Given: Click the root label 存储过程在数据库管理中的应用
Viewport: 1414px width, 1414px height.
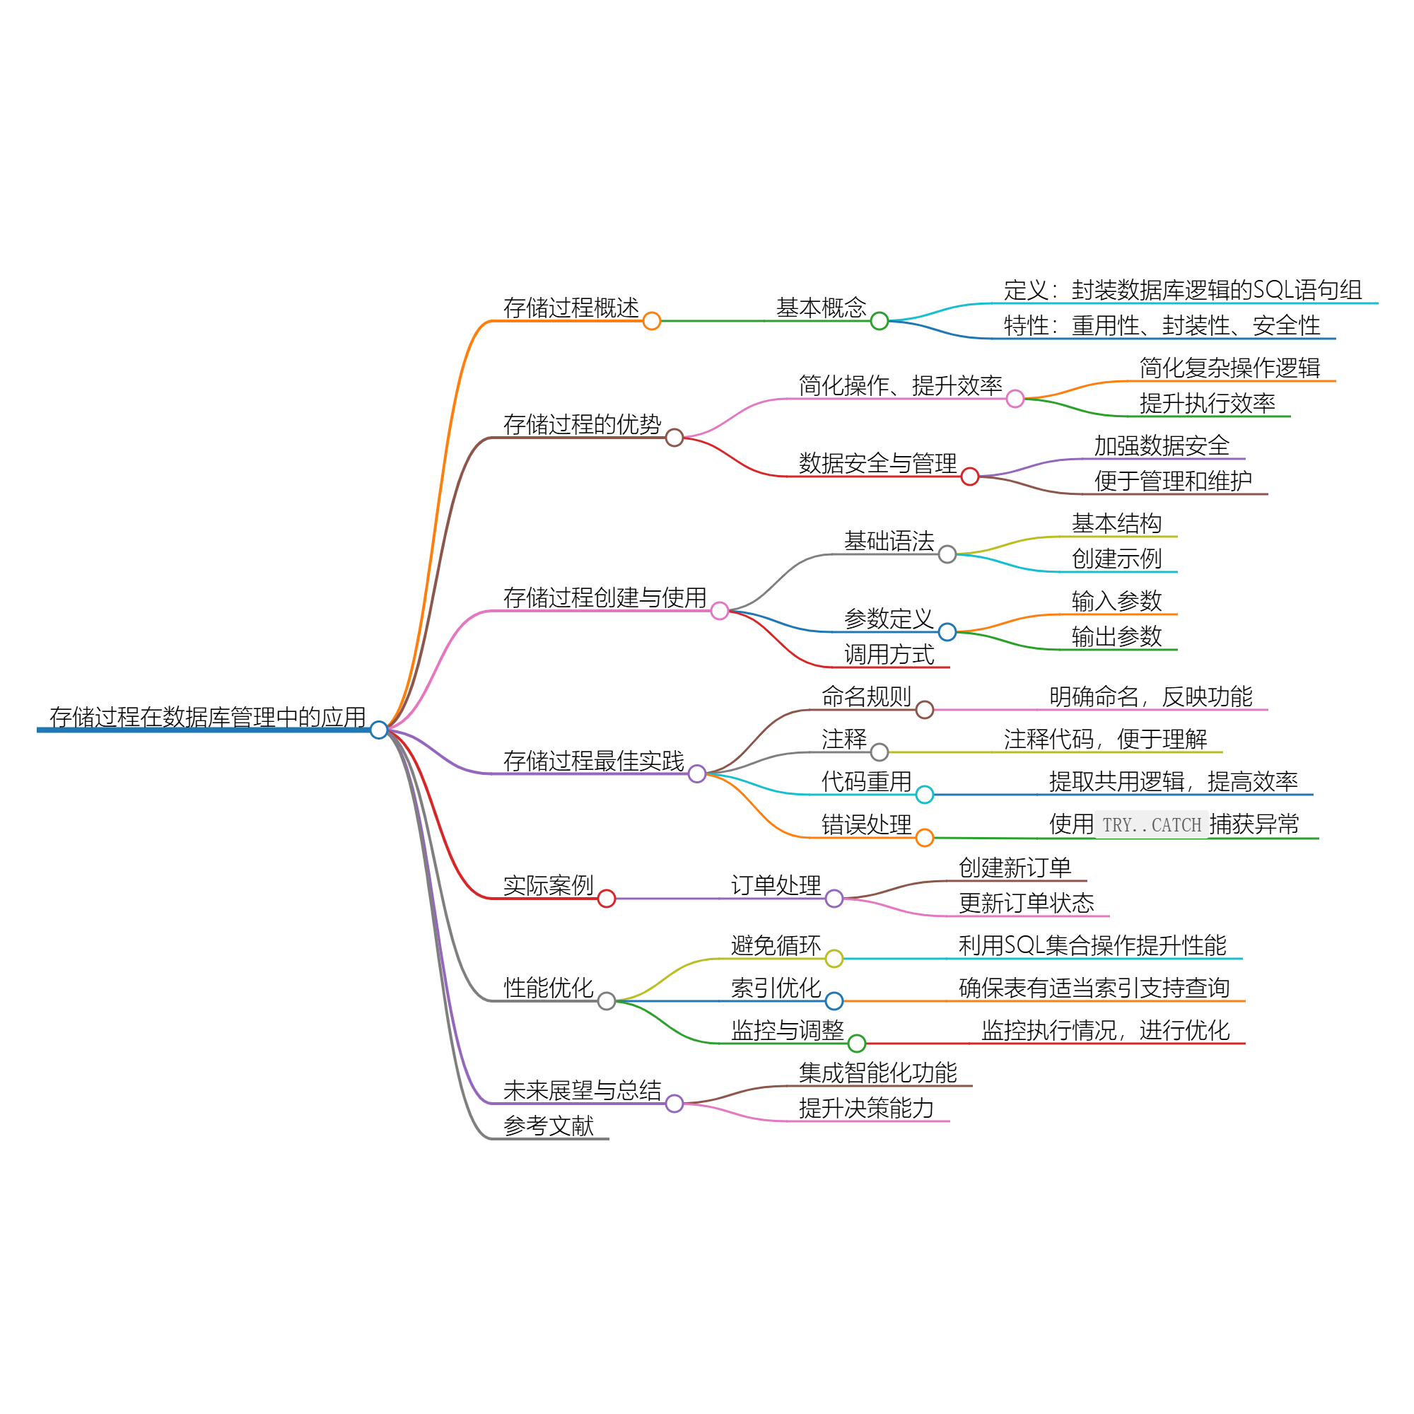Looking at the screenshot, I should coord(207,717).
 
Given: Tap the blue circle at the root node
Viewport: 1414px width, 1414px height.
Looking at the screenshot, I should coord(378,730).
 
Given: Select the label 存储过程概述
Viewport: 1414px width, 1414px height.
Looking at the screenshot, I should coord(571,308).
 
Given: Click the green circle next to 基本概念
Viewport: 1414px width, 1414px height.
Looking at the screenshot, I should coord(879,320).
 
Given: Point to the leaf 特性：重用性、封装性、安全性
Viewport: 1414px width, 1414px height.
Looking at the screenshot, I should coord(1162,326).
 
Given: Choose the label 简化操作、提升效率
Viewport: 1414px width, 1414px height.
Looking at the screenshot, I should coord(900,386).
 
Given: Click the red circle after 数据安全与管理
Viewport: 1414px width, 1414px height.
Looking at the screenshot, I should coord(970,477).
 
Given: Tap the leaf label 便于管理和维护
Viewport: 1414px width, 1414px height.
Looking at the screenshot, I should coord(1172,481).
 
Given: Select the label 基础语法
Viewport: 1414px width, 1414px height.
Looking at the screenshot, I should coord(889,542).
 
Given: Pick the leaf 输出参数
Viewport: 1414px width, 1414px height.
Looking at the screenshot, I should coord(1116,637).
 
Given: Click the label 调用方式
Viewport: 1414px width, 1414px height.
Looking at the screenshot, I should coord(889,654).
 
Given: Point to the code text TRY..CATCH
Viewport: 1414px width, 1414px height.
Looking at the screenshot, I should coord(1151,826).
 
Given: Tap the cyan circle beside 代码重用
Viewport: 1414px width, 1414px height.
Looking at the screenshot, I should coord(924,794).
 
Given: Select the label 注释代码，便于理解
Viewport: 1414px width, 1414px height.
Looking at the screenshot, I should coord(1105,740).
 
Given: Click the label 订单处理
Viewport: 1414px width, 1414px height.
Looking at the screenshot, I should coord(776,886).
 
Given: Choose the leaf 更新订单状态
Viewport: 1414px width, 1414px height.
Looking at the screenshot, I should coord(1026,903).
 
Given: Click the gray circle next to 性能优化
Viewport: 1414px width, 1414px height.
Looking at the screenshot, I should coord(606,1000).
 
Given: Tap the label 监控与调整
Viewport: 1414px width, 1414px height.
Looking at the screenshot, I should coord(788,1031).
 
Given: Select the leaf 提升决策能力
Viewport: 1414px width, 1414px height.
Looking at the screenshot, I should coord(866,1108).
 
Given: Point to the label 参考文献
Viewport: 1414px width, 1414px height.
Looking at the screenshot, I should coord(548,1126).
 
